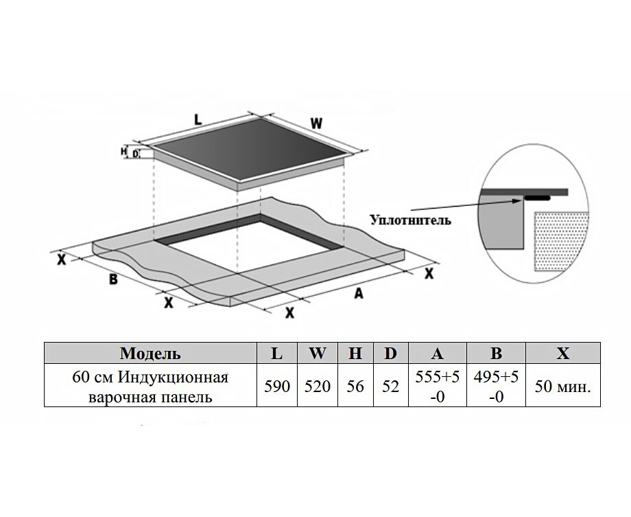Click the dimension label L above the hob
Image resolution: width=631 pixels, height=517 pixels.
pos(198,119)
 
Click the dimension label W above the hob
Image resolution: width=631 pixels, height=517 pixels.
pos(316,124)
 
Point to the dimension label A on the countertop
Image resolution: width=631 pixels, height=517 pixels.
pos(357,293)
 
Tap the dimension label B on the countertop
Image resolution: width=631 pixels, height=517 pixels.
pos(113,279)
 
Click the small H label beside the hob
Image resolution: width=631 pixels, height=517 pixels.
pos(124,151)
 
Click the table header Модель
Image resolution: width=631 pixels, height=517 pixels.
pos(150,354)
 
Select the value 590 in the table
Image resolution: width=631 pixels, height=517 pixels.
pos(277,387)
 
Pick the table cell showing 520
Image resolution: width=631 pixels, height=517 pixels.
pos(318,387)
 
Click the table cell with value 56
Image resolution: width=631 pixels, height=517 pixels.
pos(355,387)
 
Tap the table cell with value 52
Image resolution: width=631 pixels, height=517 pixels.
pos(390,387)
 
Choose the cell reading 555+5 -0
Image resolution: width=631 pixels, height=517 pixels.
pos(437,387)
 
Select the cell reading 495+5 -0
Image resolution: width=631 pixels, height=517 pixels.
pos(496,387)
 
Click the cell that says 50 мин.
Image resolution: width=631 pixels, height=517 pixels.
pos(562,387)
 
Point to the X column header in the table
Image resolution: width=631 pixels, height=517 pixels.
pos(562,354)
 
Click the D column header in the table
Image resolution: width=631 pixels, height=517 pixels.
pos(390,354)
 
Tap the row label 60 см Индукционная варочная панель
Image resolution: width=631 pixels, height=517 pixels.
pos(150,387)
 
